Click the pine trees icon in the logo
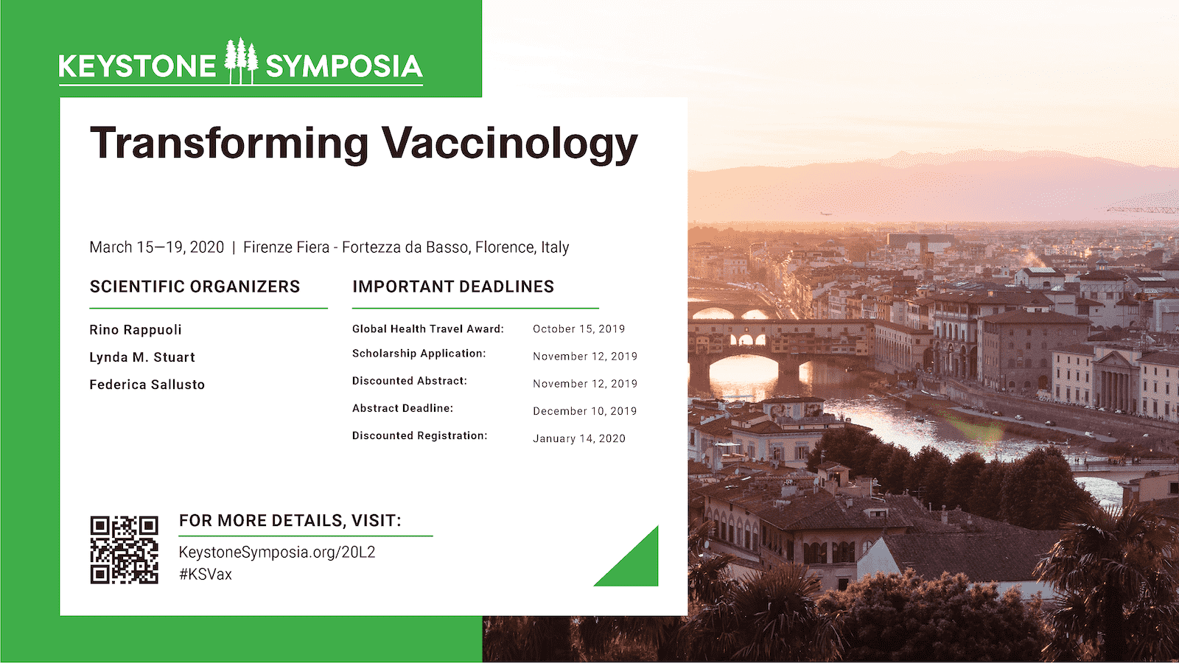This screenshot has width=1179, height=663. coord(241,61)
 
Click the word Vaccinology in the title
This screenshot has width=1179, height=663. coord(509,144)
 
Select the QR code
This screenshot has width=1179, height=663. coord(125,550)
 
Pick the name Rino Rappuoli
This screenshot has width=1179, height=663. coord(136,330)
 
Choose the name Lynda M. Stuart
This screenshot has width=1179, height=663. coord(142,357)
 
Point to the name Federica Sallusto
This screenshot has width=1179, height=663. coord(147,385)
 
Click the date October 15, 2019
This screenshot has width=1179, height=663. coord(579,329)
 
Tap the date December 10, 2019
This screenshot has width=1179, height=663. coord(585,412)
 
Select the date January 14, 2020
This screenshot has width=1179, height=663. coord(579,439)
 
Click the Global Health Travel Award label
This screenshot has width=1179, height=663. coord(428,329)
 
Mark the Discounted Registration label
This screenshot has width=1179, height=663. coord(419,435)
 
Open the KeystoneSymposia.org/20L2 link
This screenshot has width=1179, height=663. coord(277,552)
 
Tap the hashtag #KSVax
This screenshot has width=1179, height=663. coord(206,574)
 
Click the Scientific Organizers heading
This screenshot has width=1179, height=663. coord(195,287)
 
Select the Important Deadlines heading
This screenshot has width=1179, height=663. coord(453,287)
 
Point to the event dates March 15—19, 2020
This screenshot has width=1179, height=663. coord(157,248)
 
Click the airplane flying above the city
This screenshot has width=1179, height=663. coord(825,214)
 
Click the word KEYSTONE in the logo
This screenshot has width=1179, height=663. coord(137,66)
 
